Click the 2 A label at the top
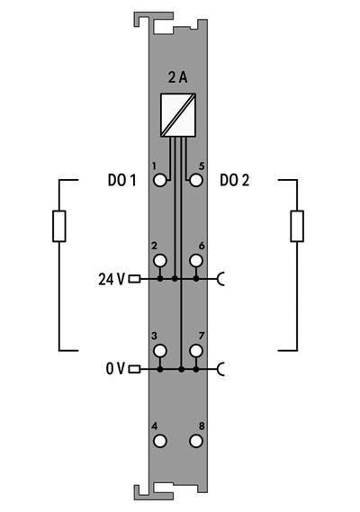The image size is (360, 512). click(x=178, y=78)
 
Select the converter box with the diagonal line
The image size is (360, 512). click(x=178, y=115)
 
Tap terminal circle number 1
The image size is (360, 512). click(x=160, y=180)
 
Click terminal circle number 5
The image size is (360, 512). click(x=196, y=180)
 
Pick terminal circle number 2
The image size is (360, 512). click(x=160, y=261)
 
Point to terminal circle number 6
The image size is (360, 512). click(x=196, y=261)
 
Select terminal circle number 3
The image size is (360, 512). click(x=160, y=350)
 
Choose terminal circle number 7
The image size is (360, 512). click(x=196, y=350)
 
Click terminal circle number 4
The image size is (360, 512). click(x=160, y=441)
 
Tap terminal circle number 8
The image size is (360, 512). click(x=196, y=441)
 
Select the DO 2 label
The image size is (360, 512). click(x=235, y=180)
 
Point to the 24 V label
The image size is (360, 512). click(x=112, y=279)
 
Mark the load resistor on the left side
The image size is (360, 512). click(x=59, y=226)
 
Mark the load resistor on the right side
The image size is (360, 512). click(x=296, y=226)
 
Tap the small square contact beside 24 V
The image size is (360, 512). click(x=134, y=279)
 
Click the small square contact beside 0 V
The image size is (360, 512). click(x=134, y=369)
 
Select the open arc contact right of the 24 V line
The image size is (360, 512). click(x=221, y=279)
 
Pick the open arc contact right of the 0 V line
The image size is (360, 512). click(x=221, y=369)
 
